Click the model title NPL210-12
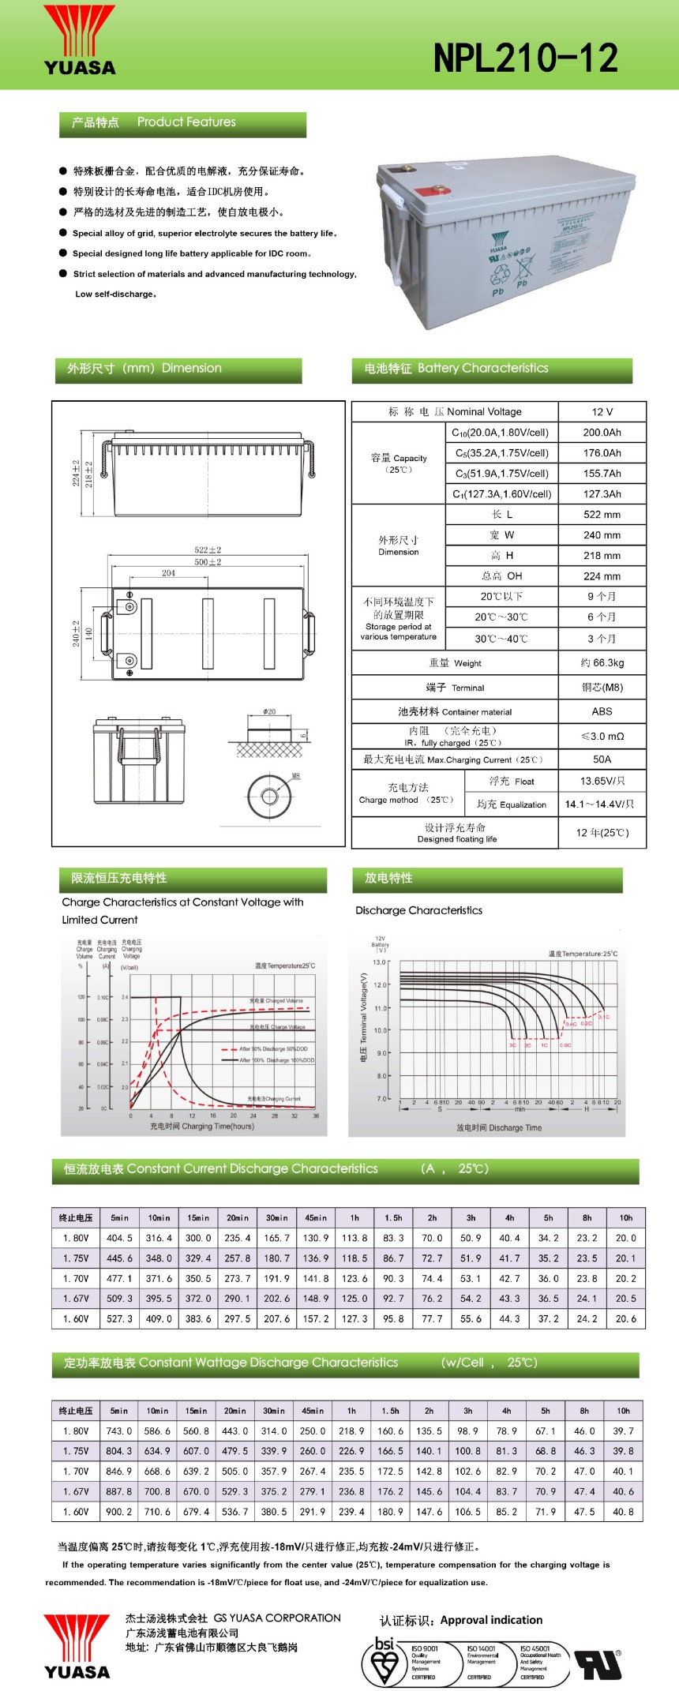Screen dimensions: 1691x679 (x=526, y=58)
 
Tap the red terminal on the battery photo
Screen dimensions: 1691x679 (x=434, y=190)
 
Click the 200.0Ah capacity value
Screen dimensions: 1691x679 (x=602, y=433)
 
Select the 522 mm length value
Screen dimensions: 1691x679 (x=602, y=515)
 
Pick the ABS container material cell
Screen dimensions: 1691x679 (x=602, y=711)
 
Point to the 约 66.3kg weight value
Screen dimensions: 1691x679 (x=602, y=663)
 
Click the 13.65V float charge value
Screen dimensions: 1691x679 (x=602, y=781)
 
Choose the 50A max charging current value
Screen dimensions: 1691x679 (x=602, y=759)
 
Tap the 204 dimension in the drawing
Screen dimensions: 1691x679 (x=168, y=573)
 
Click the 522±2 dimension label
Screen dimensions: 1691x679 (x=208, y=549)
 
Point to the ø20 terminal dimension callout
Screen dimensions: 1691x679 (x=269, y=712)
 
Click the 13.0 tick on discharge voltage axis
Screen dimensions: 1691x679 (x=379, y=962)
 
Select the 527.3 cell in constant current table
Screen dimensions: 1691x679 (x=119, y=1318)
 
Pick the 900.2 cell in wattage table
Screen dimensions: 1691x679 (x=119, y=1512)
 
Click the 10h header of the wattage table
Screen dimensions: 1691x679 (x=623, y=1411)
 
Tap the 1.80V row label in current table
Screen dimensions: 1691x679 (x=76, y=1238)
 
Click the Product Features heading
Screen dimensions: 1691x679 (x=186, y=122)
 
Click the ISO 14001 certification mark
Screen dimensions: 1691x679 (x=482, y=1661)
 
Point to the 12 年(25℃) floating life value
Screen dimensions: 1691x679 (x=602, y=833)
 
